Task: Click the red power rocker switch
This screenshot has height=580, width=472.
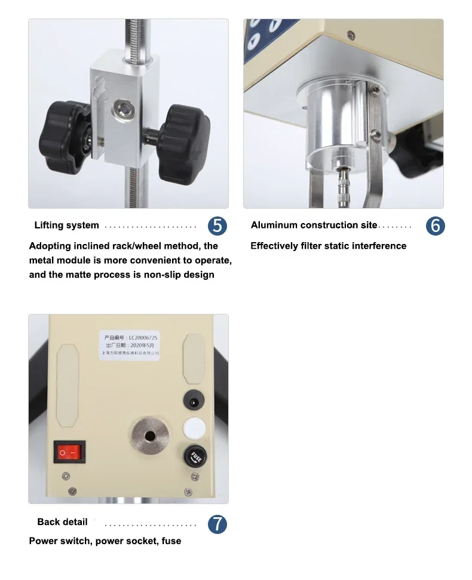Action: click(70, 453)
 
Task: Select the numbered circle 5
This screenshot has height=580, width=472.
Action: click(217, 225)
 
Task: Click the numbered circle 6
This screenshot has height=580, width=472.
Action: click(435, 225)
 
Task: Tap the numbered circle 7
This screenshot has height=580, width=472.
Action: click(217, 524)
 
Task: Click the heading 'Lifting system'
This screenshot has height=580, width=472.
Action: click(66, 225)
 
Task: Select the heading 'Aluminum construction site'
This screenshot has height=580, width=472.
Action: click(314, 225)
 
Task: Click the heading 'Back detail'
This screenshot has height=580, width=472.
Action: click(62, 522)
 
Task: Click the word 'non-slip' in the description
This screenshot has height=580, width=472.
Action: click(166, 274)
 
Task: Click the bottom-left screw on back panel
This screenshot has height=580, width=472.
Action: click(66, 476)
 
